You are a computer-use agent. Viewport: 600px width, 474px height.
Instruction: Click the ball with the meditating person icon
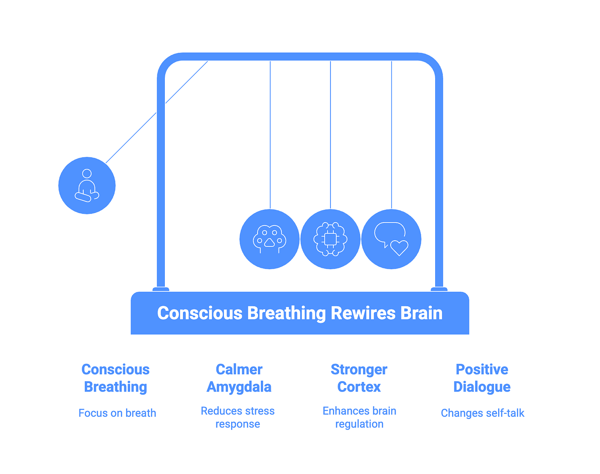click(x=87, y=185)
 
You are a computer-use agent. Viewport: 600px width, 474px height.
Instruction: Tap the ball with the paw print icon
click(x=270, y=239)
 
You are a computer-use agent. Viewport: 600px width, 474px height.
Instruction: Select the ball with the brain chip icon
click(x=330, y=239)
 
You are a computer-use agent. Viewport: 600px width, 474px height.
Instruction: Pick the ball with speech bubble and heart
click(x=391, y=239)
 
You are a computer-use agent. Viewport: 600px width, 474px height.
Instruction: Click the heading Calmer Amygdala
click(x=239, y=378)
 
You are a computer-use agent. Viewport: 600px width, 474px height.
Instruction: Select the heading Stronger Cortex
click(x=359, y=378)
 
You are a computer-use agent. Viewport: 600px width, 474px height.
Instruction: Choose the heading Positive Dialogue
click(x=482, y=378)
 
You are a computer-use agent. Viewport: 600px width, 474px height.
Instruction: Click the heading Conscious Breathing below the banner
click(x=115, y=378)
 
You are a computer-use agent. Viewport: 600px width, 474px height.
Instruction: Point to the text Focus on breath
click(x=117, y=413)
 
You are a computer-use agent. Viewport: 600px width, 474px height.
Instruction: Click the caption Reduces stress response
click(x=238, y=417)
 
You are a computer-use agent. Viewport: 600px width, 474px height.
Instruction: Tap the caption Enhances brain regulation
click(x=359, y=417)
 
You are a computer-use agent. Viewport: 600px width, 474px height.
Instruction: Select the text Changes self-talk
click(x=483, y=413)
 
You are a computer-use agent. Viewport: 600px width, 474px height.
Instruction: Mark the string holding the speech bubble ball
click(x=391, y=136)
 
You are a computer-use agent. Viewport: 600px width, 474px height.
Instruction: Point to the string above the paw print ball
click(x=270, y=136)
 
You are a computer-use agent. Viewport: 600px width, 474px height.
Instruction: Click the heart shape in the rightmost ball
click(x=399, y=248)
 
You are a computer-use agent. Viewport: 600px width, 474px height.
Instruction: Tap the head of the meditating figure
click(x=87, y=174)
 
